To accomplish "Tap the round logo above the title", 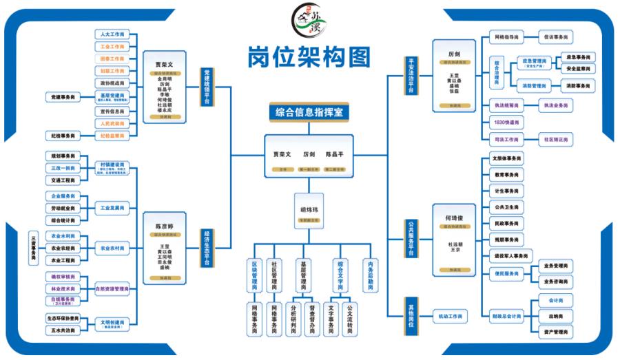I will [309, 21].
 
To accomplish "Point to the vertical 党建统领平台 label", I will [206, 87].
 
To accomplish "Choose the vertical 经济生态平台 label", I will [206, 248].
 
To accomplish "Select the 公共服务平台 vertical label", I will [412, 238].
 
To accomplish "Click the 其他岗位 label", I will [412, 317].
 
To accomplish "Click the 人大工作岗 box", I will [112, 34].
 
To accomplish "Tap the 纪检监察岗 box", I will [112, 136].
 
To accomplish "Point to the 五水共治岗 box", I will [62, 330].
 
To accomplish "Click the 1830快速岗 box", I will [506, 123].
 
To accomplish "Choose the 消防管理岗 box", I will [532, 86].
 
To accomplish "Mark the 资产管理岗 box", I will [555, 332].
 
